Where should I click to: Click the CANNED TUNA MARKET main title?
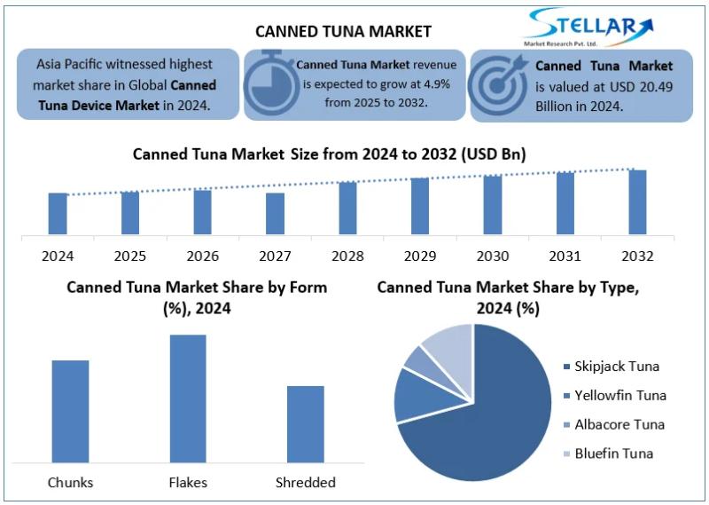[343, 31]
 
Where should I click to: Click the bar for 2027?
[275, 214]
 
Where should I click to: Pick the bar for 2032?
[637, 202]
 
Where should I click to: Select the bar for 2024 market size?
[58, 214]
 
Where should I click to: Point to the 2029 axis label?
[420, 256]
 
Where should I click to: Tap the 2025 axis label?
[130, 256]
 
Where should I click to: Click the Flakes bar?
[188, 398]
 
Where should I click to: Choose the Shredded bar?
[306, 423]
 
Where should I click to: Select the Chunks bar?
[70, 411]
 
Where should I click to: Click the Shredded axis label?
[306, 483]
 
